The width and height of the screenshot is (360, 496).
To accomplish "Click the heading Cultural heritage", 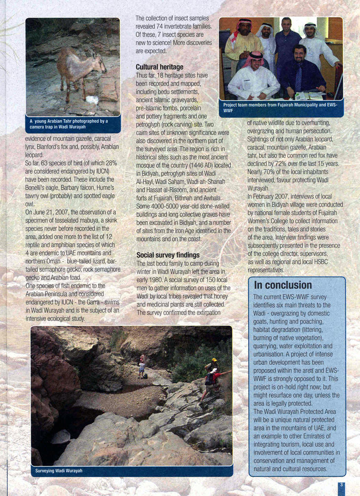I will [159, 67].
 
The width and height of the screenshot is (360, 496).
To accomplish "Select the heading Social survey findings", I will [168, 255].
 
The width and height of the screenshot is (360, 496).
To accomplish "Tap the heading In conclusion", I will [283, 285].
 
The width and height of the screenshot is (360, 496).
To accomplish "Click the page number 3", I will [341, 485].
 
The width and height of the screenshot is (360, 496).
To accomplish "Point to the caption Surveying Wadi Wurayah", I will [59, 471].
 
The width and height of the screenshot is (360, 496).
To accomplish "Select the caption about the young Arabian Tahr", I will [73, 124].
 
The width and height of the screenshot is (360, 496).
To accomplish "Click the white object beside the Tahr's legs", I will [91, 99].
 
